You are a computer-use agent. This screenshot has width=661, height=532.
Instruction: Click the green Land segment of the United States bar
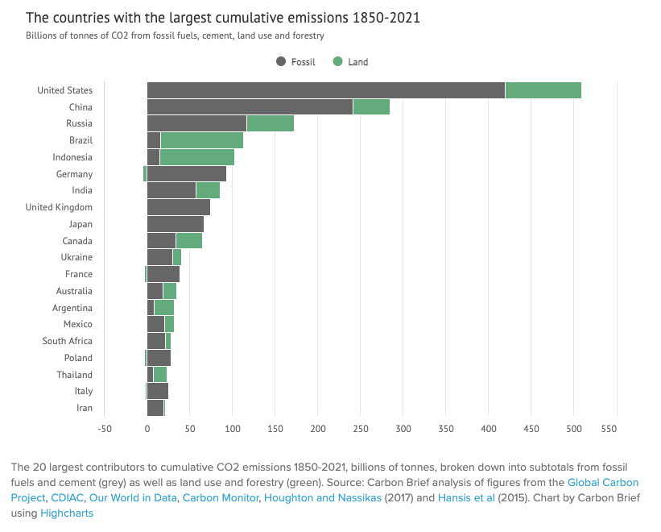543,90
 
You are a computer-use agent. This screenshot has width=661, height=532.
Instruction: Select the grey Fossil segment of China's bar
250,107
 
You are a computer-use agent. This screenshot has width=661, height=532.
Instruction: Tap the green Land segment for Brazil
201,140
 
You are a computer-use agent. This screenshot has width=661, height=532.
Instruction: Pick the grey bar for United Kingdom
178,207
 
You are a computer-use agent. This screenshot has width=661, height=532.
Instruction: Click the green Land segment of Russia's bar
271,123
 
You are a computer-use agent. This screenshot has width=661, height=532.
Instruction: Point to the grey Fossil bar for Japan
175,224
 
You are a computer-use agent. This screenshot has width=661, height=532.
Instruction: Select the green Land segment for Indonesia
196,157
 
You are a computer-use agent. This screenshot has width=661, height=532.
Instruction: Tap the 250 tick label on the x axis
360,430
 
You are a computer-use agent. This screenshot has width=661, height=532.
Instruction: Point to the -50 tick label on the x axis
105,430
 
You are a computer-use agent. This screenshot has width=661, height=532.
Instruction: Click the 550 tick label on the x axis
616,430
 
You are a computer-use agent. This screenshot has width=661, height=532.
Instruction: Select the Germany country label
74,174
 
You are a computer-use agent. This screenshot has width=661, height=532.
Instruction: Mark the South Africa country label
68,341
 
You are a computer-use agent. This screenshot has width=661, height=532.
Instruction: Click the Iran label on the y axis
84,408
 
